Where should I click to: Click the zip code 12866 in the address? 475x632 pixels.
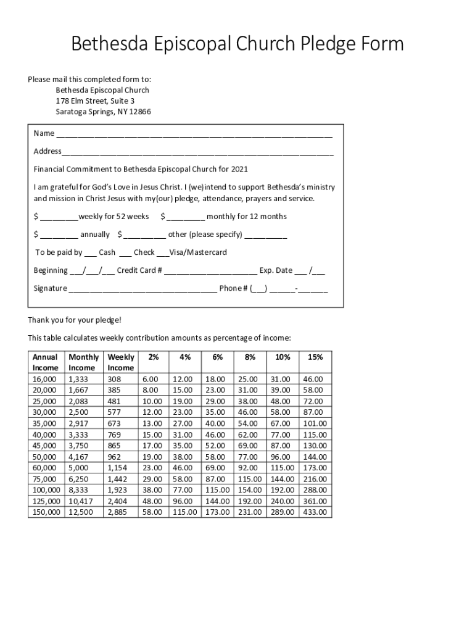click(139, 112)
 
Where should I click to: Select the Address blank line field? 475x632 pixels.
click(197, 152)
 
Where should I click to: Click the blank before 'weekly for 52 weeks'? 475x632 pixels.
click(59, 217)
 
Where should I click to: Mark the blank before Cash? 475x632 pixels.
click(90, 253)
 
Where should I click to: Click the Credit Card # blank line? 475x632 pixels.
click(210, 271)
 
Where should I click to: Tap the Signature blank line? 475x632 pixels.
click(142, 289)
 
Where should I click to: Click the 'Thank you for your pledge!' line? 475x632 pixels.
click(75, 320)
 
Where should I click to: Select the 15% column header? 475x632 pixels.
click(315, 357)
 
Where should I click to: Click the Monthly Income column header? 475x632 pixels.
click(83, 362)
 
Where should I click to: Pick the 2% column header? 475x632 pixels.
click(153, 357)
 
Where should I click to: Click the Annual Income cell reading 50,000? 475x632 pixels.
click(44, 457)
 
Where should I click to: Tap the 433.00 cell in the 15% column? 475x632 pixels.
click(315, 512)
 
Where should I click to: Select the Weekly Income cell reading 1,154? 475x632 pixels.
click(118, 468)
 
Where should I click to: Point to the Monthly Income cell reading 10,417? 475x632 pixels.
click(81, 501)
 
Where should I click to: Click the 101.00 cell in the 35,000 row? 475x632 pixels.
click(315, 423)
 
